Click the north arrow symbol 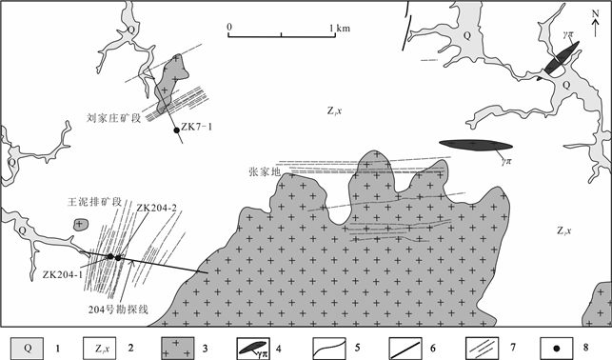point(595,24)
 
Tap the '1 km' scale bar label point(340,29)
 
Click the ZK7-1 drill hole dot point(176,130)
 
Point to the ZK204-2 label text point(156,208)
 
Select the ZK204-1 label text point(63,275)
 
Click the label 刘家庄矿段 point(113,118)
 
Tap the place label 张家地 point(265,171)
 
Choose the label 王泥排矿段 point(94,202)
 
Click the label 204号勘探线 point(118,310)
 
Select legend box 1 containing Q point(27,349)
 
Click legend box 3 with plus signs point(178,349)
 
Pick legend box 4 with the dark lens point(253,349)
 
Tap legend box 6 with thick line point(405,349)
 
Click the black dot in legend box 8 point(557,349)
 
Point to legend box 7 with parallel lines point(482,349)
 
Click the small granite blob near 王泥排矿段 point(81,225)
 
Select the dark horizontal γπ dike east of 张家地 point(475,145)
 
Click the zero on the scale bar point(229,27)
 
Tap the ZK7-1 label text point(197,127)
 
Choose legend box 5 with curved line point(329,349)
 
